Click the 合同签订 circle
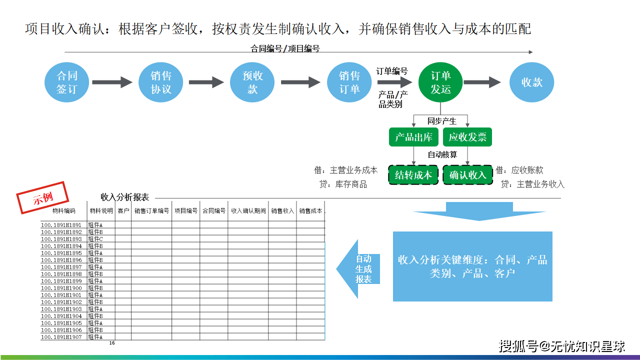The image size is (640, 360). (x=66, y=82)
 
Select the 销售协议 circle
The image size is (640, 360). (x=161, y=82)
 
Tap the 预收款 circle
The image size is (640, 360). (x=252, y=82)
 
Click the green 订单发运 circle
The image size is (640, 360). (x=440, y=82)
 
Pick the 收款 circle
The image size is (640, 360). (x=531, y=82)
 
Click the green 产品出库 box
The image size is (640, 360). (x=413, y=137)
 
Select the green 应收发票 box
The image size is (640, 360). (x=467, y=137)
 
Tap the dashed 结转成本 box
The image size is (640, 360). (x=413, y=175)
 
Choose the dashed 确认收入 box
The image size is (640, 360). (x=467, y=175)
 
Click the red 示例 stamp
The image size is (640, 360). (x=42, y=197)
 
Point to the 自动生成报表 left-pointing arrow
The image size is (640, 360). (x=358, y=269)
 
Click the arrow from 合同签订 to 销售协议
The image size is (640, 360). (x=112, y=82)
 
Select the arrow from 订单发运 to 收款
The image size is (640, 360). (x=482, y=82)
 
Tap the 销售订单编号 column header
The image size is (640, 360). (x=151, y=211)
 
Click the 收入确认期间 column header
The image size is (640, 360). (x=248, y=211)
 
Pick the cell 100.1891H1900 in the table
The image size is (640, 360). (x=61, y=288)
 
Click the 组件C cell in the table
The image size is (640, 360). (x=95, y=239)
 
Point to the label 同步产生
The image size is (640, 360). (x=441, y=121)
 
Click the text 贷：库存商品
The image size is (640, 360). (x=343, y=184)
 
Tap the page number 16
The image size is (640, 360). (x=112, y=343)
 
